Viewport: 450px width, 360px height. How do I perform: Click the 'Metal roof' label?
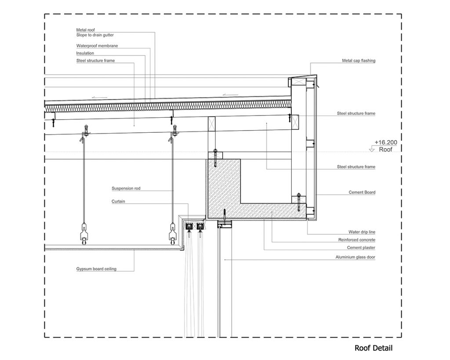(x=85, y=30)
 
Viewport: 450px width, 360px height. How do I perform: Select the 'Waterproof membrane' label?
(x=97, y=46)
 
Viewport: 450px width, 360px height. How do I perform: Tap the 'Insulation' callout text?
(x=85, y=53)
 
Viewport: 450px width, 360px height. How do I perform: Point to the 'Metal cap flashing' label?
(x=359, y=61)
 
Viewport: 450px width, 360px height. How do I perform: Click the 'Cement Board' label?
(x=362, y=193)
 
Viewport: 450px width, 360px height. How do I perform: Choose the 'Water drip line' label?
(x=362, y=232)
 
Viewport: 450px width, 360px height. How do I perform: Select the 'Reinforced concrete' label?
(x=357, y=240)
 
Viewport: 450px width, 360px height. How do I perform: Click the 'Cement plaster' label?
(x=361, y=247)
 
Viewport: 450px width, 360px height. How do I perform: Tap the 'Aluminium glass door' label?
(x=355, y=257)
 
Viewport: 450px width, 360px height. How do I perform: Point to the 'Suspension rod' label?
(x=126, y=188)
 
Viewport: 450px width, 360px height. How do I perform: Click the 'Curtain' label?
(x=118, y=201)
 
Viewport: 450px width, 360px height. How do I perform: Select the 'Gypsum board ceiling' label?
(x=96, y=269)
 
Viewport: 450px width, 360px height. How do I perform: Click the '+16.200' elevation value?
(x=386, y=142)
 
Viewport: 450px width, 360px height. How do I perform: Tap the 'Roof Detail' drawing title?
(x=374, y=348)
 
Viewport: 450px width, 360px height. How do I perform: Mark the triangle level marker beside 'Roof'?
(x=372, y=149)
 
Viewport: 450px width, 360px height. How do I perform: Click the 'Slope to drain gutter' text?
(x=95, y=35)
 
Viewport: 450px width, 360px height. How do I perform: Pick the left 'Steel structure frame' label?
(x=95, y=61)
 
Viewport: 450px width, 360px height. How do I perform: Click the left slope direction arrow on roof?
(x=100, y=98)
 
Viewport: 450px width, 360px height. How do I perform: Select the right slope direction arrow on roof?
(x=230, y=95)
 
